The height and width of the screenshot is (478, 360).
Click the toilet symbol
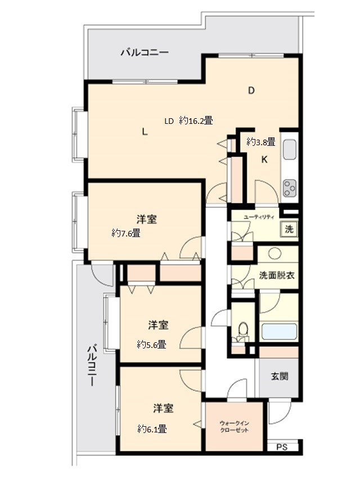[x=243, y=329]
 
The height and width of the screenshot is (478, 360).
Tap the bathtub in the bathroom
[x=278, y=331]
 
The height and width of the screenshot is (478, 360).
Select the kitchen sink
[x=289, y=149]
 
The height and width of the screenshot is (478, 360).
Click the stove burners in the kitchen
[x=289, y=187]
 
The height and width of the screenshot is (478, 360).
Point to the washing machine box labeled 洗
[x=288, y=229]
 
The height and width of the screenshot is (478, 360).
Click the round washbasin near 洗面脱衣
[x=274, y=253]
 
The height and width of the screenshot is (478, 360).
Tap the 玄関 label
[x=279, y=376]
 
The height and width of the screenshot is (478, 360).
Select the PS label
[x=281, y=447]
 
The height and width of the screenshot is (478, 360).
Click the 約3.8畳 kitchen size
[x=260, y=141]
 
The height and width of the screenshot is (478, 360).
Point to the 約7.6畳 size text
[x=125, y=233]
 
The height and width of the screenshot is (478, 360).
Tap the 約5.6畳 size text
[x=151, y=345]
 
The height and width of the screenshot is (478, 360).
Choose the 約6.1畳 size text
[x=152, y=428]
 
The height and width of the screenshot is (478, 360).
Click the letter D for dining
[x=251, y=90]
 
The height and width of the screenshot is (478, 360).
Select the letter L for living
[x=145, y=132]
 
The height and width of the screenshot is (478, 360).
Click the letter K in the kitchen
[x=264, y=159]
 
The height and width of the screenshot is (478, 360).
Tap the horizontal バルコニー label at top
[x=145, y=53]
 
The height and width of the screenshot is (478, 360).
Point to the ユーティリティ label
[x=259, y=217]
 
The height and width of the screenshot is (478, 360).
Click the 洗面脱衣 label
[x=277, y=276]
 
